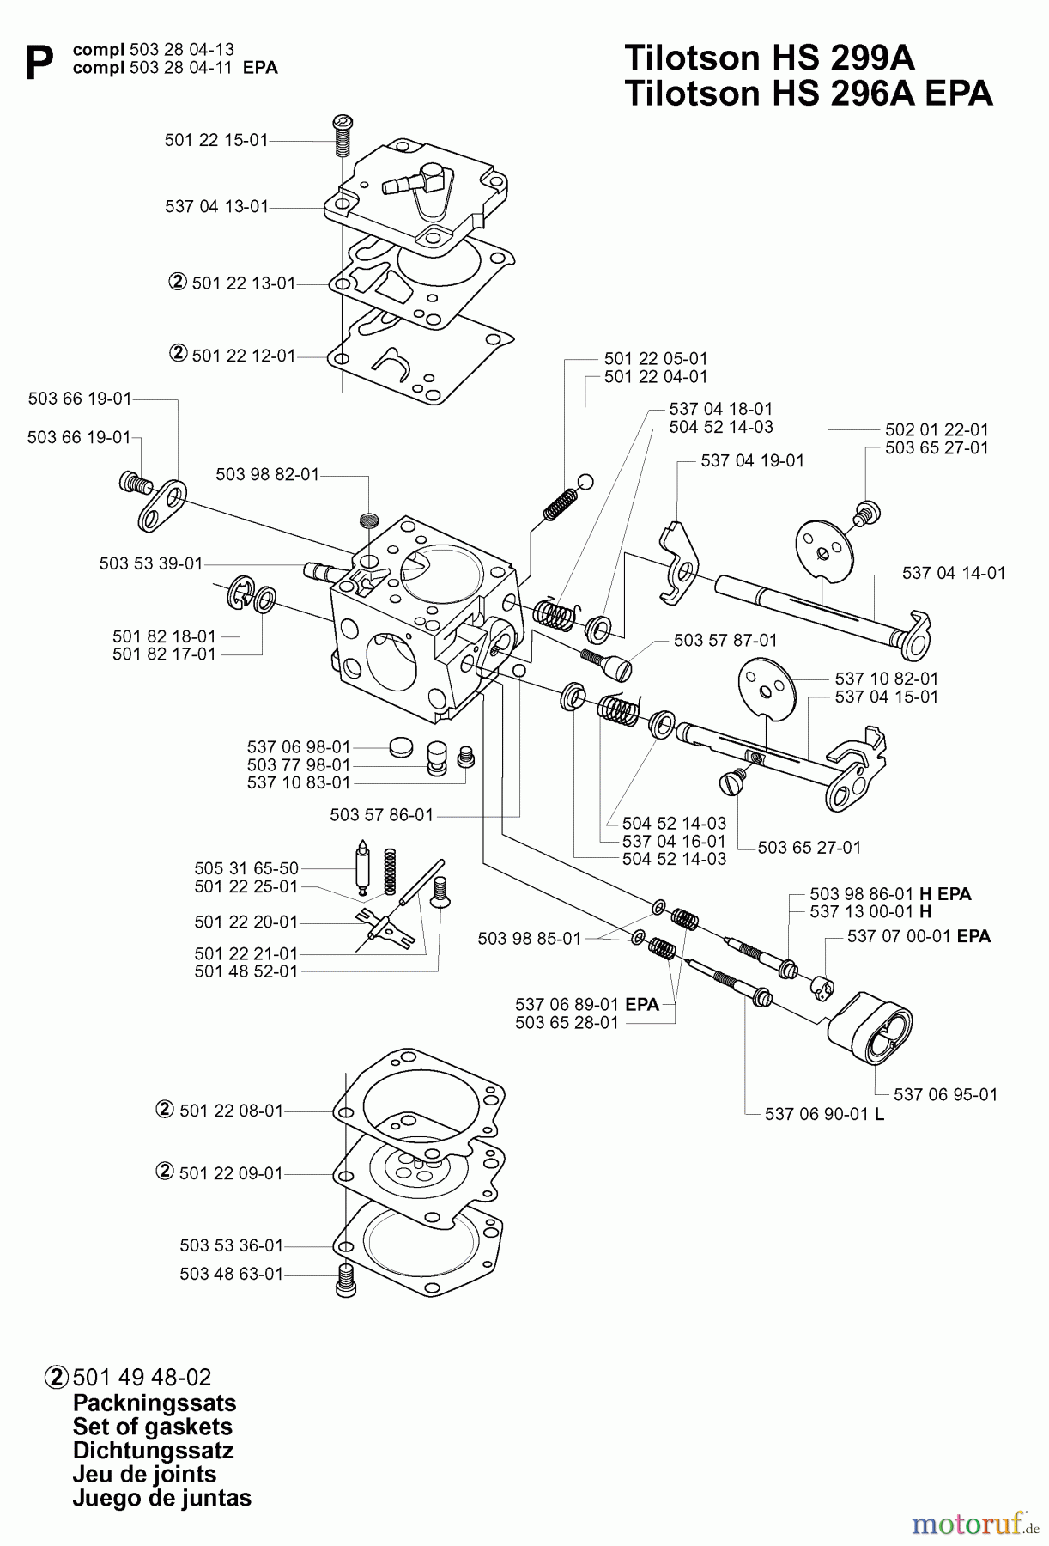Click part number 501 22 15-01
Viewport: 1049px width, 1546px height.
(216, 140)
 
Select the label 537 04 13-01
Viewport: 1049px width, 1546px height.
(216, 207)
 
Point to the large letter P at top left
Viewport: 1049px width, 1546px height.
(39, 63)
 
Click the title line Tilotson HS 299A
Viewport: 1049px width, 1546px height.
(769, 58)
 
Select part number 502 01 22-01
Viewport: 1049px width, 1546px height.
(937, 429)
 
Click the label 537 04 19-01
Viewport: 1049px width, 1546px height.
(752, 460)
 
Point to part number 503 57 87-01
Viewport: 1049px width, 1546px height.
(725, 640)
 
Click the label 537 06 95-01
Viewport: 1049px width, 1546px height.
(945, 1094)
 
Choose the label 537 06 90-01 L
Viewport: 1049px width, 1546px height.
(824, 1114)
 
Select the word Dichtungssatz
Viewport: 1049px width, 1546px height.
(153, 1451)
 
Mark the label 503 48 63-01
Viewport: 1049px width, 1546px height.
(231, 1274)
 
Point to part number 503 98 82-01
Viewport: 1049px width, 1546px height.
(267, 475)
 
